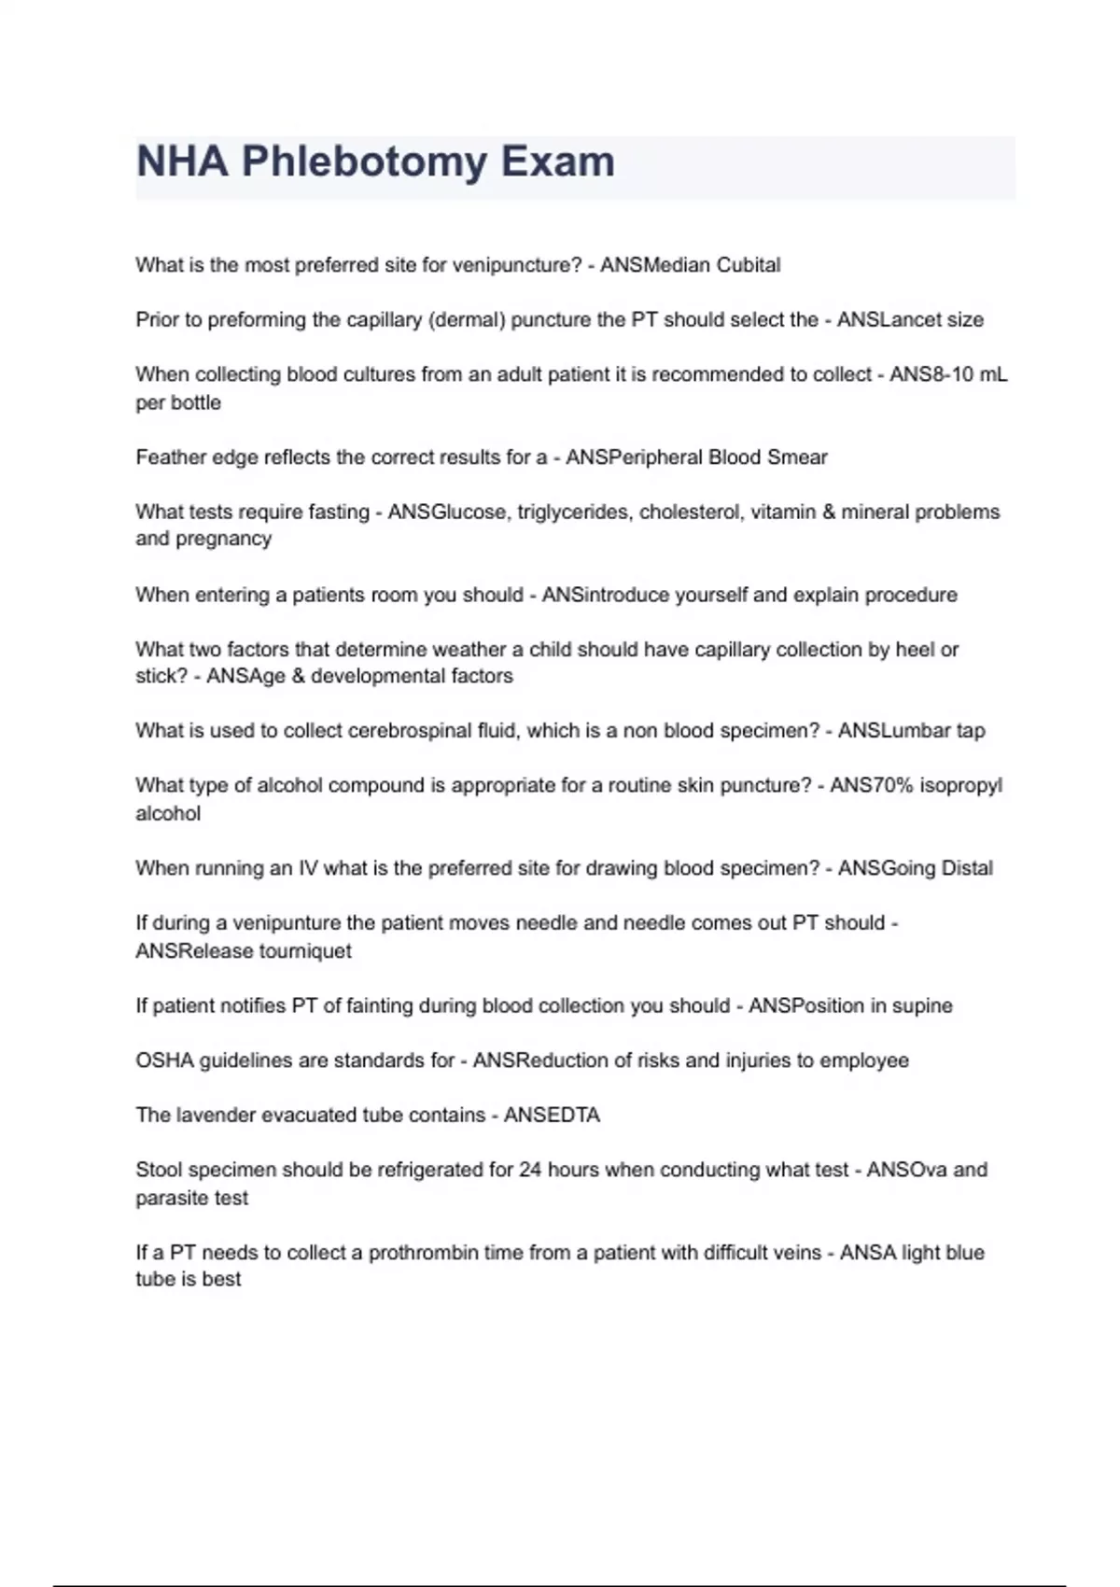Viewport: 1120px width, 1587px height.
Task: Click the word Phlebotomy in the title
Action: pos(364,162)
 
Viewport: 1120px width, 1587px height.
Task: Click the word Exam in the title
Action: pos(558,162)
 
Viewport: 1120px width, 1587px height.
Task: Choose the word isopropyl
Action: pos(960,785)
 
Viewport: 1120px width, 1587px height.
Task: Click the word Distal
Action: pos(967,868)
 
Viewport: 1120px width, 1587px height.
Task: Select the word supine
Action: pos(922,1005)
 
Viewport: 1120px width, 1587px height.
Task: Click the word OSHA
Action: pos(165,1060)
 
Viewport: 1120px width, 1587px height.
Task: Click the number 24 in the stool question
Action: pos(530,1170)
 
